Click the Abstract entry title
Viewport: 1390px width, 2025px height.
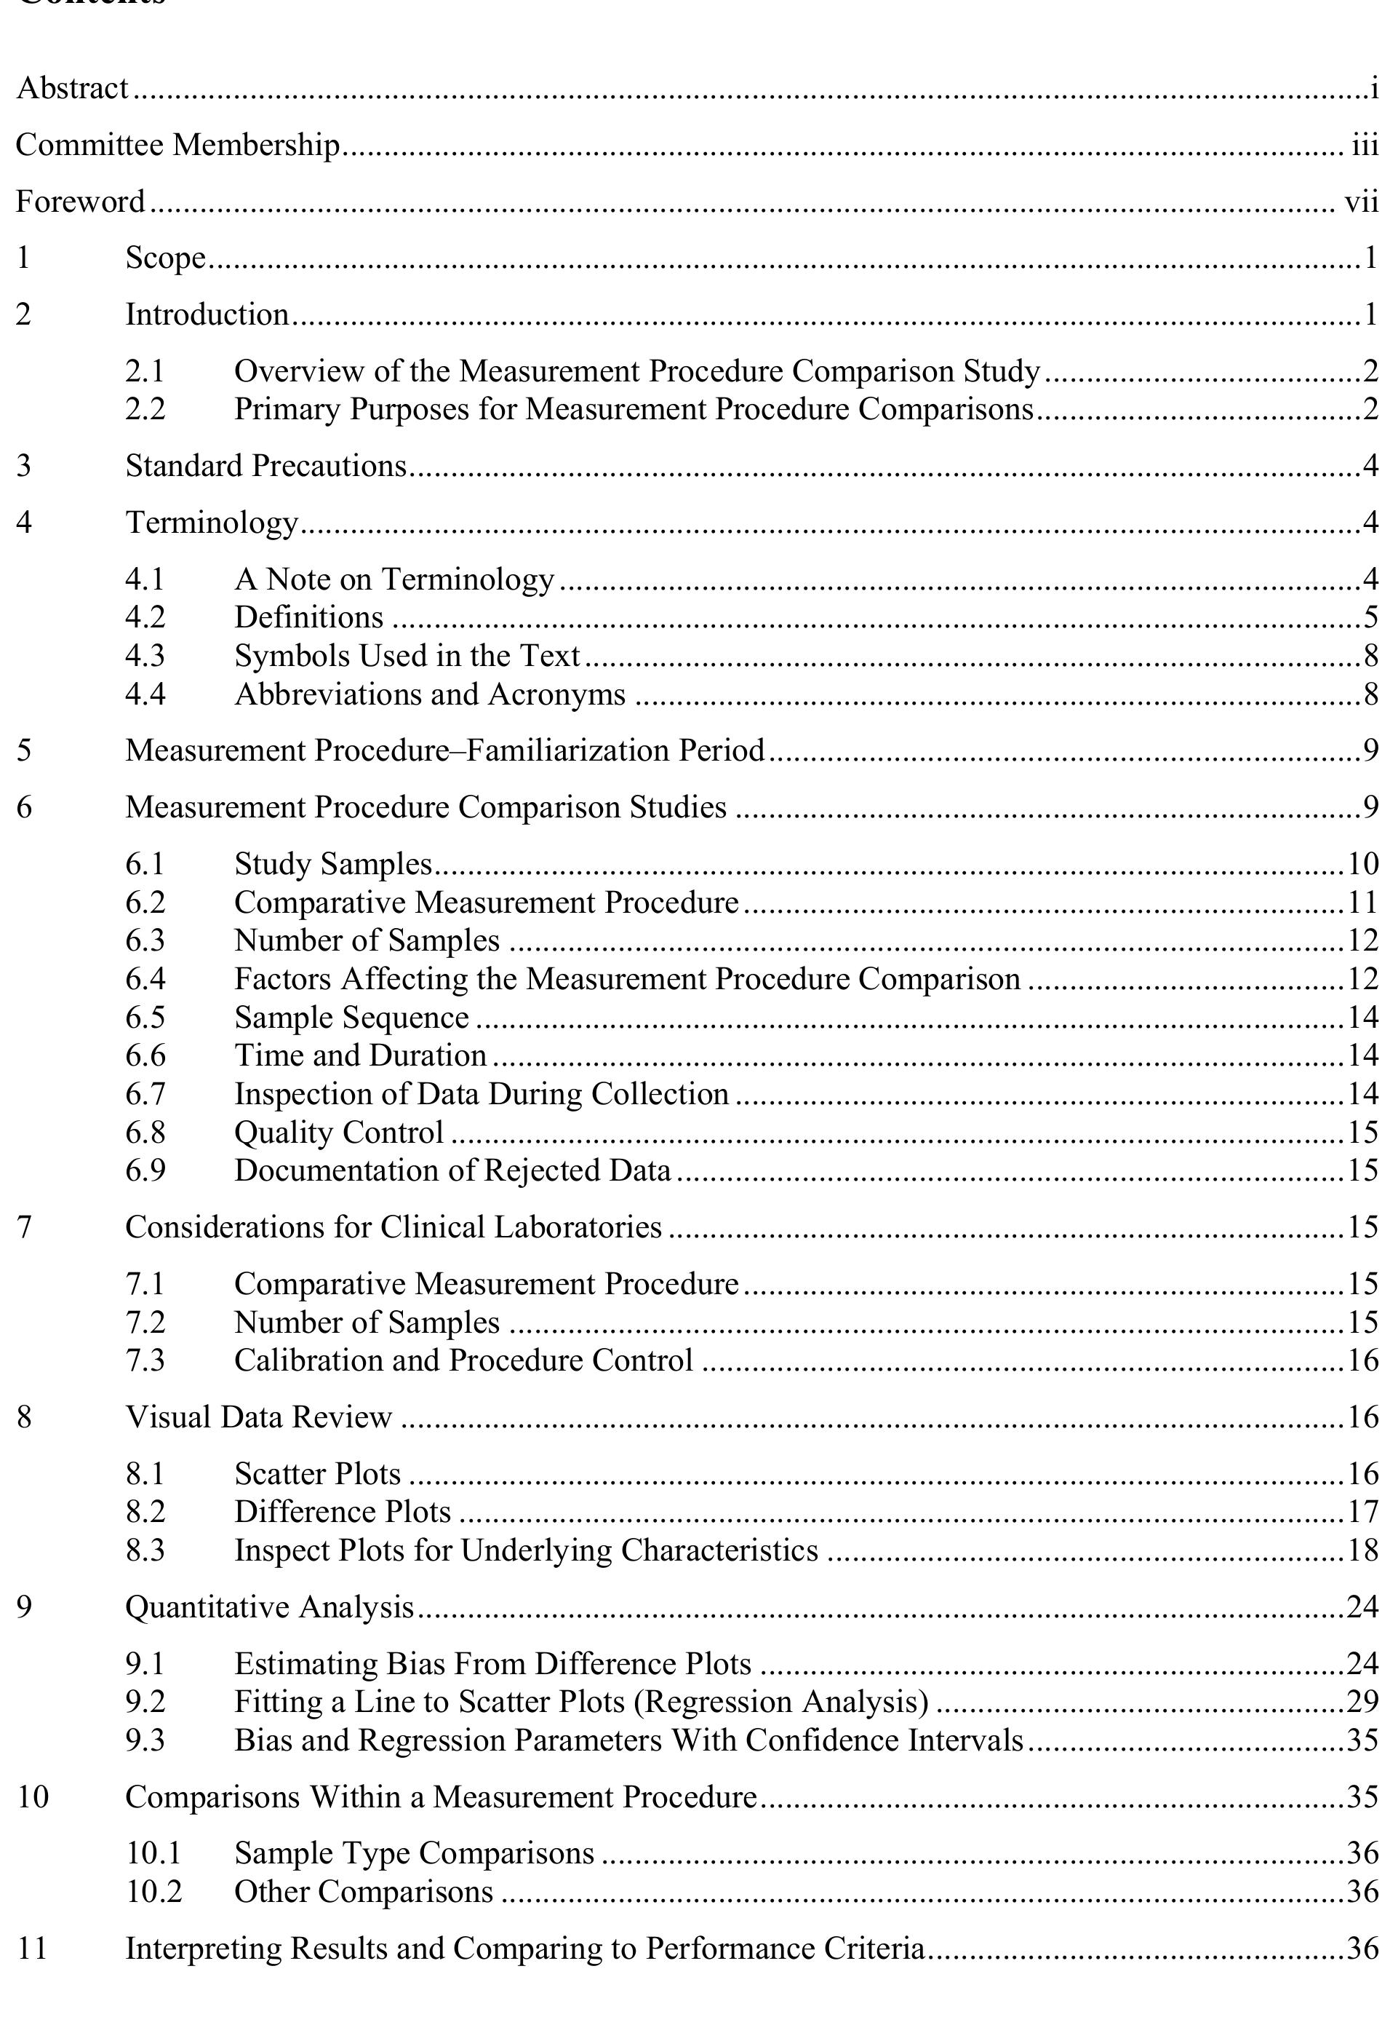coord(72,88)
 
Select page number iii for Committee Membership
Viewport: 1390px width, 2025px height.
coord(1364,145)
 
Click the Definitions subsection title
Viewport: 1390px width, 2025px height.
coord(308,617)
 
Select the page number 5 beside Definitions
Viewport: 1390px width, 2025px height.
coord(1371,617)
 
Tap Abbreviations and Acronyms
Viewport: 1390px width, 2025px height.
coord(429,694)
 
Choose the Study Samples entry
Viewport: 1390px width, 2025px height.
coord(332,863)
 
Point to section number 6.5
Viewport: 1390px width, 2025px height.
coord(145,1017)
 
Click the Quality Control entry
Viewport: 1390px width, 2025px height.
coord(339,1132)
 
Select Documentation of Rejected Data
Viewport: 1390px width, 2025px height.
coord(452,1170)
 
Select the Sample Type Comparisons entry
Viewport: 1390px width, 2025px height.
coord(414,1853)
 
